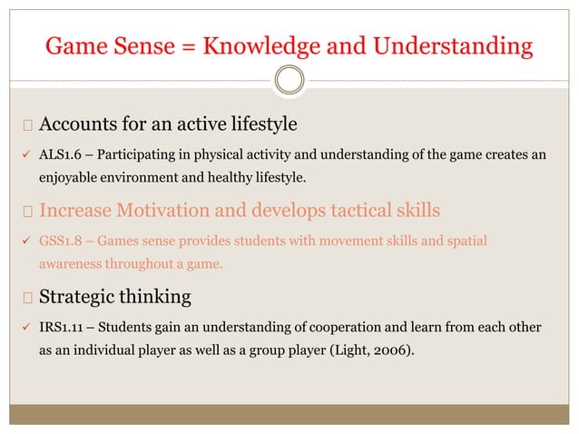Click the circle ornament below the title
(289, 81)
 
